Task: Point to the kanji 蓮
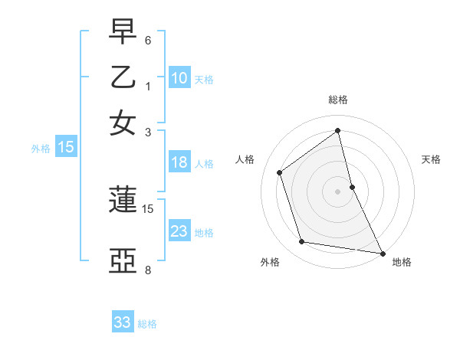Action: pyautogui.click(x=123, y=201)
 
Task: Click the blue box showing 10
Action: pyautogui.click(x=179, y=77)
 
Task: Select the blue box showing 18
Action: pyautogui.click(x=179, y=162)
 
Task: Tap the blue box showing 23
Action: pyautogui.click(x=179, y=231)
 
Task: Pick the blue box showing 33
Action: pyautogui.click(x=123, y=322)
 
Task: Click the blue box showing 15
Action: pyautogui.click(x=66, y=147)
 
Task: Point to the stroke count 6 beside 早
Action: pyautogui.click(x=148, y=39)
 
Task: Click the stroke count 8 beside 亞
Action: pyautogui.click(x=148, y=270)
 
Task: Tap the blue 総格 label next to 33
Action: pyautogui.click(x=147, y=324)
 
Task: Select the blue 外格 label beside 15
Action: pyautogui.click(x=41, y=149)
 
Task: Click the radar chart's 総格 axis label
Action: pyautogui.click(x=338, y=100)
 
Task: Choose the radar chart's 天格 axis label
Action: pyautogui.click(x=432, y=159)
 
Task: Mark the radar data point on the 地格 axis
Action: pyautogui.click(x=382, y=252)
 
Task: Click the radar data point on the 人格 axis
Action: pyautogui.click(x=280, y=172)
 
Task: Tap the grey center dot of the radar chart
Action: pyautogui.click(x=338, y=191)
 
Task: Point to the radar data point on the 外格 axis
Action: pyautogui.click(x=302, y=242)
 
